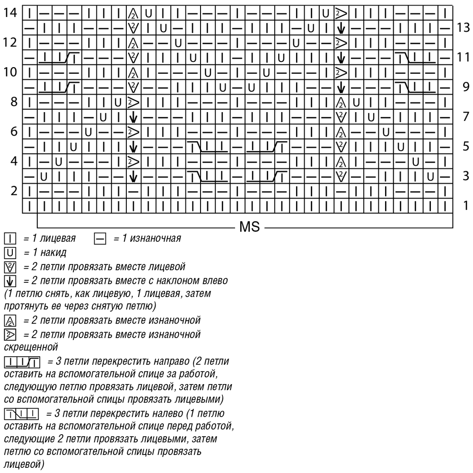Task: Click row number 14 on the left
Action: (10, 13)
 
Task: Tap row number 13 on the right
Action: (463, 27)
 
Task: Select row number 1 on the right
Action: (466, 205)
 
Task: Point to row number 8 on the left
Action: (14, 102)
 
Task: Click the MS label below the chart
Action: (249, 227)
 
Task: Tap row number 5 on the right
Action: (466, 146)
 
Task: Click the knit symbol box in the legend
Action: (10, 238)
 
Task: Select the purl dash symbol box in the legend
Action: (100, 238)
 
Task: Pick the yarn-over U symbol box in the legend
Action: (10, 253)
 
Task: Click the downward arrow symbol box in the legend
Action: (10, 281)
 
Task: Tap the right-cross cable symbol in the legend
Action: (22, 362)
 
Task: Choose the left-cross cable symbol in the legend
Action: (21, 414)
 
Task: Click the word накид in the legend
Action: (53, 252)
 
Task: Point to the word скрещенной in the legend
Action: (31, 347)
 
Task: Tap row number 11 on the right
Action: (463, 57)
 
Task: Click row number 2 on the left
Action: (14, 191)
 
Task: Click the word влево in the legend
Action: (214, 280)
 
